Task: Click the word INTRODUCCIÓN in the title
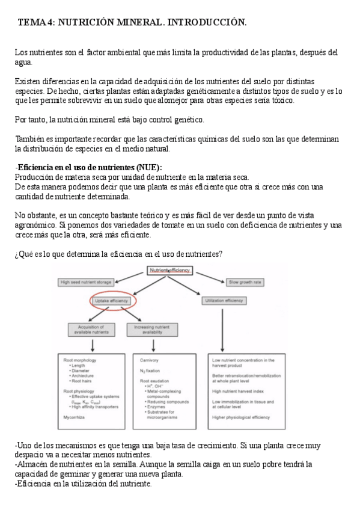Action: tap(207, 22)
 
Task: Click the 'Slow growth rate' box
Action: tap(243, 282)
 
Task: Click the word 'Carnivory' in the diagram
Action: tap(150, 360)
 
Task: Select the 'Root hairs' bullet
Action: tap(82, 381)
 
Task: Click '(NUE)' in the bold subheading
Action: tap(147, 167)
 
